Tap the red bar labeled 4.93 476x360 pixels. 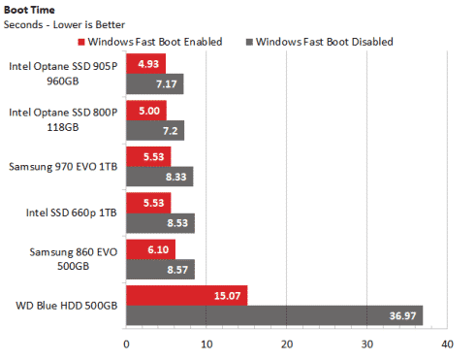pos(146,64)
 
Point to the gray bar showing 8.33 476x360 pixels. pos(160,177)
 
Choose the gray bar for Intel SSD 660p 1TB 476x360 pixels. pos(161,223)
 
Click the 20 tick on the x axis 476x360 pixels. pos(287,344)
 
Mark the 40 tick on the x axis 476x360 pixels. pos(447,344)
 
